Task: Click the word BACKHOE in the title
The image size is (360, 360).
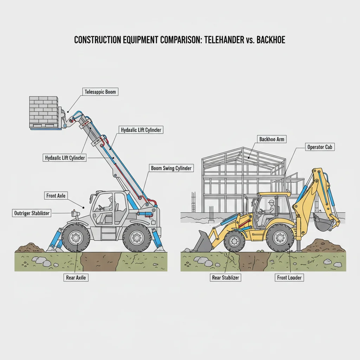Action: point(271,40)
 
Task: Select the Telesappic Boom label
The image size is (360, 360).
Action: point(100,92)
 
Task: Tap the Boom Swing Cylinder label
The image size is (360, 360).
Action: point(172,168)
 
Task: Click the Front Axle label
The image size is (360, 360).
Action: point(56,195)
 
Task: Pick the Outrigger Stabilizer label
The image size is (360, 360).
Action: point(32,213)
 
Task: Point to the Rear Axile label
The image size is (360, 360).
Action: point(76,277)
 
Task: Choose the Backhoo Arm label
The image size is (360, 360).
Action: point(271,139)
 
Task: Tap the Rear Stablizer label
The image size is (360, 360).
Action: point(225,277)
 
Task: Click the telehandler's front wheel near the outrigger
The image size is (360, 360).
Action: point(76,238)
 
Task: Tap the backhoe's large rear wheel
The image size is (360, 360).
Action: point(280,238)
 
